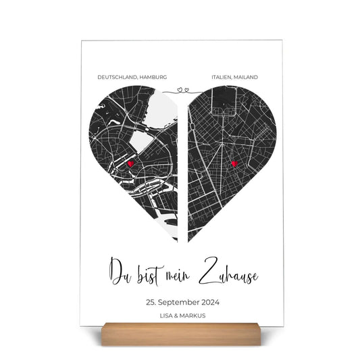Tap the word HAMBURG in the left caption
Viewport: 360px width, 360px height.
click(152, 78)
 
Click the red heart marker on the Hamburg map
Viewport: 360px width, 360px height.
click(130, 163)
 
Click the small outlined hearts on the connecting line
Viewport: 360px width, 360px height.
click(180, 88)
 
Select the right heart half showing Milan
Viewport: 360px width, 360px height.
click(226, 155)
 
